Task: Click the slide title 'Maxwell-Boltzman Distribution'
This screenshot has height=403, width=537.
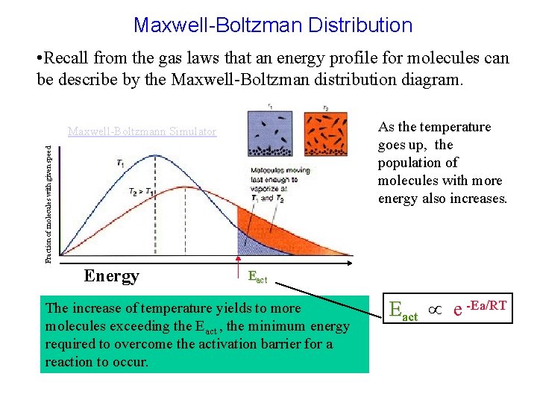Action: pos(272,25)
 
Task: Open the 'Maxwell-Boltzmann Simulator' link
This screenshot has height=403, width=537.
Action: pos(142,132)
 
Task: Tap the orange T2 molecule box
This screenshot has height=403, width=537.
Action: pos(325,131)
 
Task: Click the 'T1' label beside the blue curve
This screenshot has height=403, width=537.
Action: pos(121,162)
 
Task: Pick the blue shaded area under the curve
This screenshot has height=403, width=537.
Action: pos(245,245)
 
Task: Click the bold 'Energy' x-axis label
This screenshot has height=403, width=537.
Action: pos(111,276)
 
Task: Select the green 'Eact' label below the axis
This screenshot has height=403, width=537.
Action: pos(257,278)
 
